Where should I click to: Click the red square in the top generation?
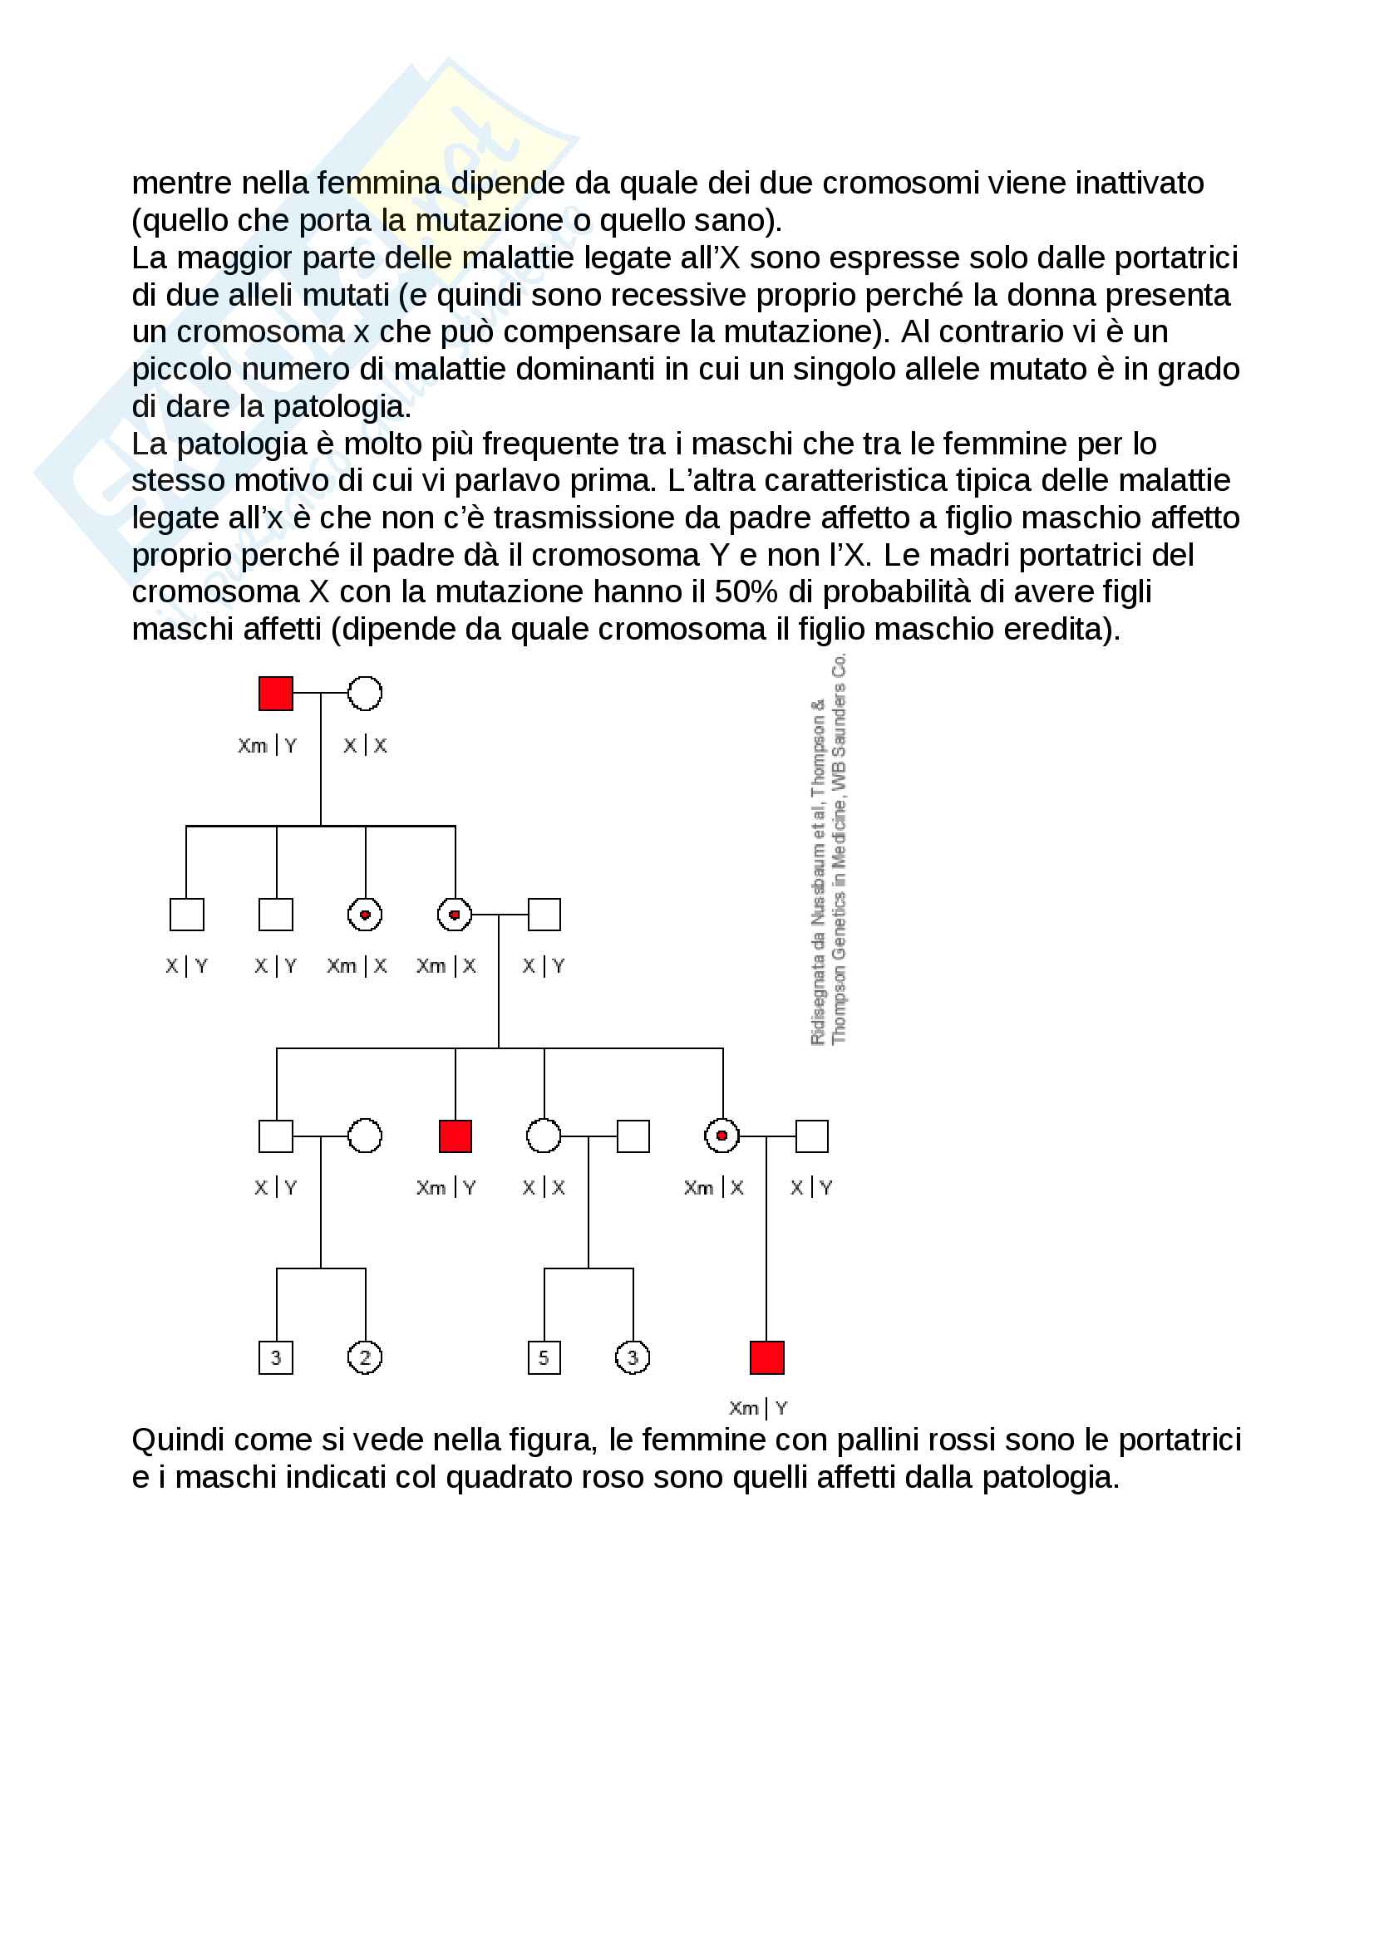pos(275,693)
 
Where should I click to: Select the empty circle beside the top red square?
pos(365,693)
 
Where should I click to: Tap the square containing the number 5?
pos(544,1357)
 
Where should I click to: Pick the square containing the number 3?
pos(275,1357)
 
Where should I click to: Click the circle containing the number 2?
pos(365,1357)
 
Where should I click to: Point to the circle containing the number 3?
pos(633,1357)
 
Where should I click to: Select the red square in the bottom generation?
pos(767,1357)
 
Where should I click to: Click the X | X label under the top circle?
pos(365,745)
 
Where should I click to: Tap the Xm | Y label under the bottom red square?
pos(759,1408)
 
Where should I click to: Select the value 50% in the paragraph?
pos(745,591)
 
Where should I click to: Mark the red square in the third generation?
pos(456,1136)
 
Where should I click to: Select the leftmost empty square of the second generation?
pos(186,914)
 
